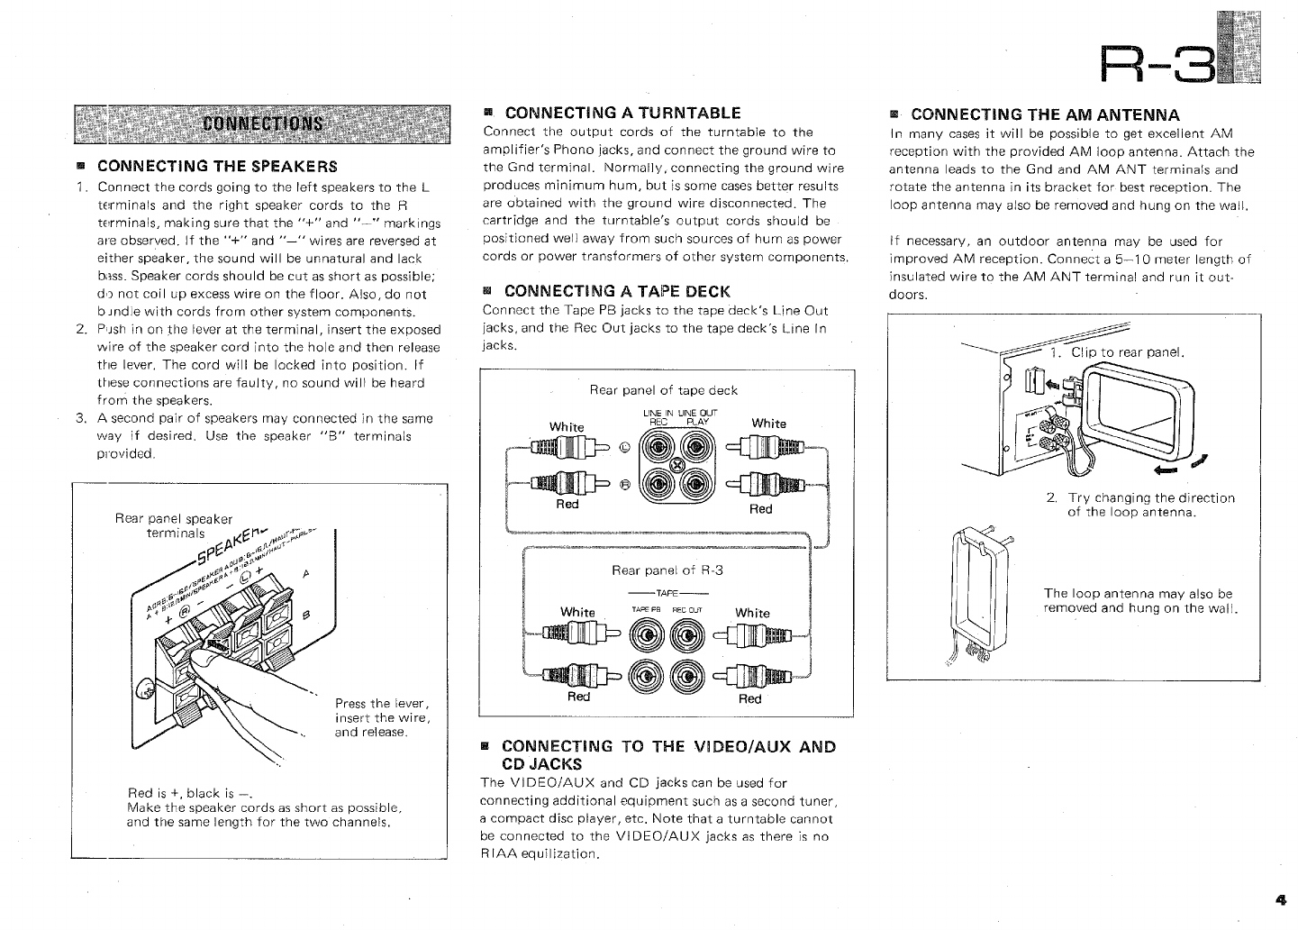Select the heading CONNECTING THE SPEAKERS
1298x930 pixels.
coord(217,167)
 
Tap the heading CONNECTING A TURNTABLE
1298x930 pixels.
coord(622,114)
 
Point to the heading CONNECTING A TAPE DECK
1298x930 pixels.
coord(617,291)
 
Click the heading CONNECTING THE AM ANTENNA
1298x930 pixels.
coord(1045,114)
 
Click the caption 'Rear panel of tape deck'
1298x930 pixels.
coord(663,390)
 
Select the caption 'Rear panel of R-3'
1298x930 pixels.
coord(667,570)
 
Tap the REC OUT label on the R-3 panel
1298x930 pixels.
coord(689,609)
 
